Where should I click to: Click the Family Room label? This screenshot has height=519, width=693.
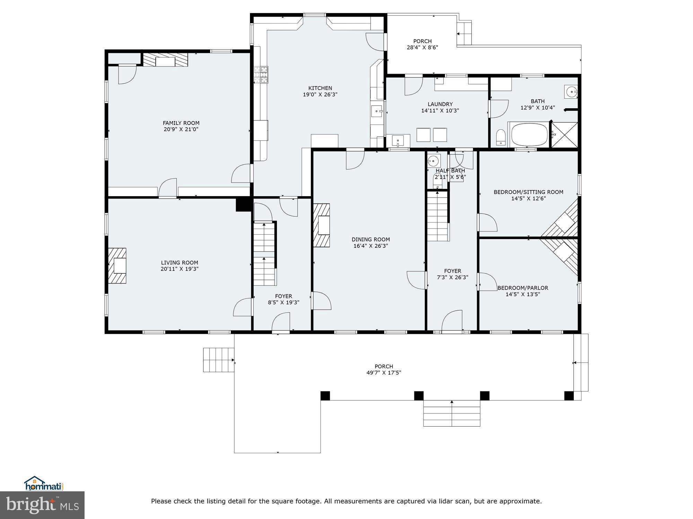click(181, 123)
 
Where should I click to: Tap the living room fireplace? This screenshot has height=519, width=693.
click(117, 266)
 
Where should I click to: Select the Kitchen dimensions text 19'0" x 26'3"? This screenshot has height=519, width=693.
click(320, 94)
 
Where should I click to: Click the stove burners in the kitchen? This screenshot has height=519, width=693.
click(261, 75)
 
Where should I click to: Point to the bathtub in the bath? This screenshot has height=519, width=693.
click(529, 135)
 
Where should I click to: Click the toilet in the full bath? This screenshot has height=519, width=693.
click(501, 138)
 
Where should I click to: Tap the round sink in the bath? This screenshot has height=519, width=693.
click(571, 92)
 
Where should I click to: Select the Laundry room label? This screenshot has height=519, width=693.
click(440, 104)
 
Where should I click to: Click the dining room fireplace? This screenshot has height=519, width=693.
click(322, 225)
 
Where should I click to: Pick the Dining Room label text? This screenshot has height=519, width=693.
click(370, 239)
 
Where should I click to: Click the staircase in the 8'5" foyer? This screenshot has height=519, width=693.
click(264, 254)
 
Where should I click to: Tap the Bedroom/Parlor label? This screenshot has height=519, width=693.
click(523, 288)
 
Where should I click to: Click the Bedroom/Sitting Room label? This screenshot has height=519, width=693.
click(528, 192)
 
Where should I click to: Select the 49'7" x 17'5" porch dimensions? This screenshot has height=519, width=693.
click(384, 373)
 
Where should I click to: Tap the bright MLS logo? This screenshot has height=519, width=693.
click(42, 505)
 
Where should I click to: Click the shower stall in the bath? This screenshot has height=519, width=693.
click(564, 135)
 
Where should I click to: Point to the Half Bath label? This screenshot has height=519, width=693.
click(450, 171)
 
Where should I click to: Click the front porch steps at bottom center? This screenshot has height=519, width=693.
click(451, 413)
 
